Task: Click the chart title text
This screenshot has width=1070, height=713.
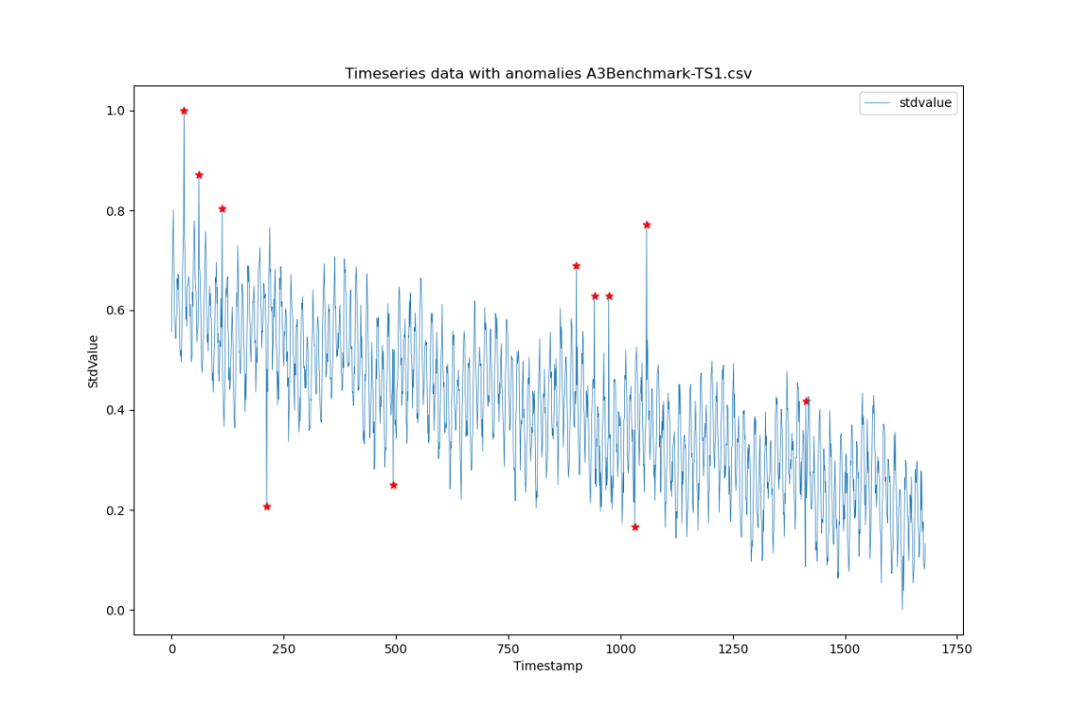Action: [x=548, y=73]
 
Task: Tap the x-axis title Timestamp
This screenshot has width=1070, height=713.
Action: [x=547, y=666]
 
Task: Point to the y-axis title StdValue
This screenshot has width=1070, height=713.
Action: [x=93, y=361]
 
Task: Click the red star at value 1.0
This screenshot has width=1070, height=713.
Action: [x=184, y=111]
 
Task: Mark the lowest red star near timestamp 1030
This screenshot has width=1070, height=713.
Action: [x=634, y=527]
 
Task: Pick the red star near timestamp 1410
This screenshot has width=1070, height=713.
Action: [x=806, y=402]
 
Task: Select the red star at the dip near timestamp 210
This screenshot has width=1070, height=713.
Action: [x=267, y=507]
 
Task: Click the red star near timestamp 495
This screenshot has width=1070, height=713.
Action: [x=393, y=485]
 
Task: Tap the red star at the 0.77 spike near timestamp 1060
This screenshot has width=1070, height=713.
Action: [x=647, y=225]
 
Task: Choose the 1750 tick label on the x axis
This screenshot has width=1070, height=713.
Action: [x=957, y=648]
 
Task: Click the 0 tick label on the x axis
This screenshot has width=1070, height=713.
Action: [x=172, y=648]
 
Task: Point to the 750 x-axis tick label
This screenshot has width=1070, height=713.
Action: [x=508, y=648]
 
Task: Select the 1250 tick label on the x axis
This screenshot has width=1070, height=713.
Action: [x=733, y=648]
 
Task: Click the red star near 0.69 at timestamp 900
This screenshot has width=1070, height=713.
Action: [x=576, y=266]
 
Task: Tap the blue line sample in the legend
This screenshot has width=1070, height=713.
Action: [x=880, y=104]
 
